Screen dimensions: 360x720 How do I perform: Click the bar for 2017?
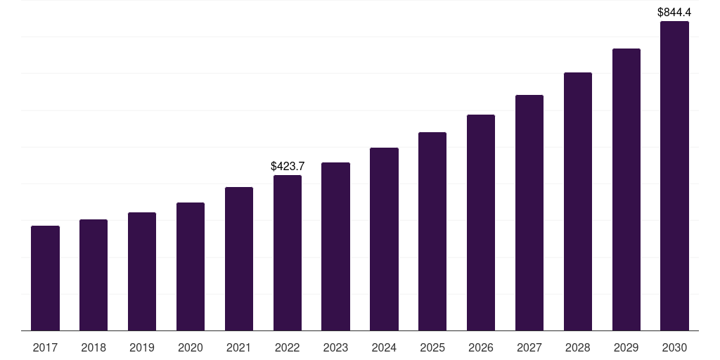click(x=45, y=278)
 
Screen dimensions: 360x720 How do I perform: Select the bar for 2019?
click(x=142, y=271)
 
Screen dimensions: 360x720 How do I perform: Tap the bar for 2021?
click(x=239, y=259)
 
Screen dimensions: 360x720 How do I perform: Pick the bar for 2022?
click(x=288, y=252)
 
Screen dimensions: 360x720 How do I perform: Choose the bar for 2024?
click(x=384, y=239)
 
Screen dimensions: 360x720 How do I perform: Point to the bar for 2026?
click(x=481, y=222)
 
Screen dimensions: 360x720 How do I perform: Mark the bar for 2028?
click(x=578, y=201)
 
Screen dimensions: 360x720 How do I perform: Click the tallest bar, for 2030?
click(x=674, y=176)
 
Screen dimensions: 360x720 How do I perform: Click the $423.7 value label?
click(x=288, y=167)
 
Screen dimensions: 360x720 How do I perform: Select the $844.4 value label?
click(x=674, y=12)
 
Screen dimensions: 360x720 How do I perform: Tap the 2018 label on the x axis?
click(x=94, y=347)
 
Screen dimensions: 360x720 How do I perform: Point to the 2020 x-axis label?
click(x=191, y=347)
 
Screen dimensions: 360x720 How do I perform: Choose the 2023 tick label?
click(x=335, y=347)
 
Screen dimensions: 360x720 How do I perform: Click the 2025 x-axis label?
click(x=432, y=347)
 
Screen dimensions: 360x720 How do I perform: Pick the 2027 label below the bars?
click(x=529, y=347)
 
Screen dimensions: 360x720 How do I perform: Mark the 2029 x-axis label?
click(x=626, y=347)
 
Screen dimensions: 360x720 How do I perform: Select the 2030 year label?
click(x=674, y=347)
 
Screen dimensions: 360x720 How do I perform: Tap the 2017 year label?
click(x=45, y=347)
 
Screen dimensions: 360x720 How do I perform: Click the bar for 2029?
click(x=626, y=190)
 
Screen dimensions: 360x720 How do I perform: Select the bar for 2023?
click(x=335, y=246)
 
